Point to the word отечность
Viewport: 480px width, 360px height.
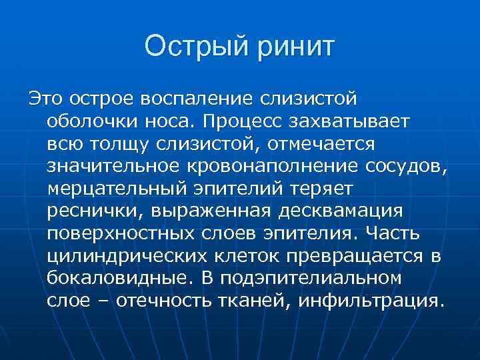[167, 301]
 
